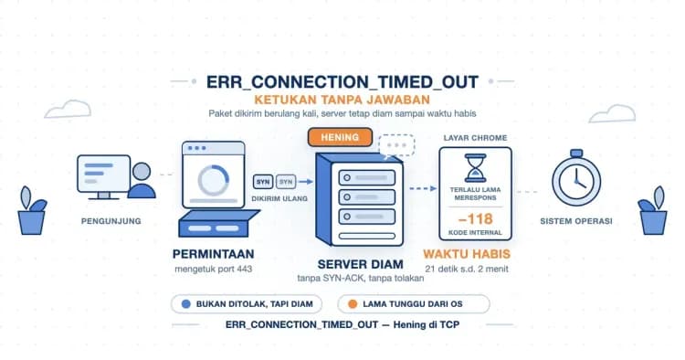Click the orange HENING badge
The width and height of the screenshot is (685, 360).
pos(340,137)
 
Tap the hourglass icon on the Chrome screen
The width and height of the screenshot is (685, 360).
pos(475,168)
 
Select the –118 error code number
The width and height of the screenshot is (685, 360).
pos(475,218)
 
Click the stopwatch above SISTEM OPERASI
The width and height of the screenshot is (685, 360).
pos(576,178)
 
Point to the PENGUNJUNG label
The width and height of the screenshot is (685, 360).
pos(111,221)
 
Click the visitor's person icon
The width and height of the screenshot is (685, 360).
pos(142,180)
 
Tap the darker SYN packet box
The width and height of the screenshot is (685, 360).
pos(263,181)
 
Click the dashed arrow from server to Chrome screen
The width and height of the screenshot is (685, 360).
pos(423,189)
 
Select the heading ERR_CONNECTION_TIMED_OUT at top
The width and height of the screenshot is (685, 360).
pos(342,82)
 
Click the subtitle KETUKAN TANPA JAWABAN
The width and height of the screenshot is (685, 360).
pos(342,100)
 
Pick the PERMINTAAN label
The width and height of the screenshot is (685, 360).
pos(213,254)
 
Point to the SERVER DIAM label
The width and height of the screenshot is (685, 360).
pos(361,264)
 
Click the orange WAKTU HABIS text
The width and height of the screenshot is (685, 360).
pos(467,254)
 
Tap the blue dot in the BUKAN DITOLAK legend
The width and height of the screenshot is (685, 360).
pos(186,304)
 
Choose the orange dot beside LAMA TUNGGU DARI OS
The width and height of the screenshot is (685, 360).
pos(353,304)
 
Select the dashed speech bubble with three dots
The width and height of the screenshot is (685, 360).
pos(396,145)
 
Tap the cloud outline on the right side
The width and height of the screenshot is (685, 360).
pos(612,113)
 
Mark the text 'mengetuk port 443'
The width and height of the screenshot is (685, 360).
pos(213,270)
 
